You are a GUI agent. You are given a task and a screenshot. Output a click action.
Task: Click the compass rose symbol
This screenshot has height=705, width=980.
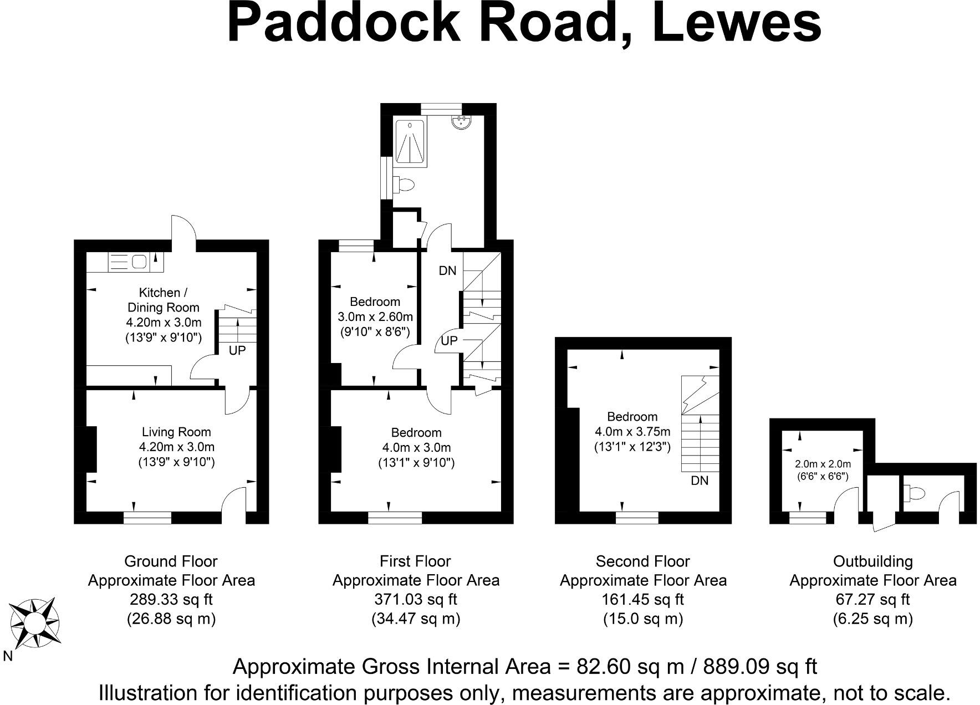pos(34,623)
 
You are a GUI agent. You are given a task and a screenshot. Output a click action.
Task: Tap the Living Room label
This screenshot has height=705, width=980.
pos(176,432)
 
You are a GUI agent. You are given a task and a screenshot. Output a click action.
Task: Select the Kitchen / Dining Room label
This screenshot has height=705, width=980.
pos(162,300)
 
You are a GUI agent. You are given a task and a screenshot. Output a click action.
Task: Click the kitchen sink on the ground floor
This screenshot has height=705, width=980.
pos(138,260)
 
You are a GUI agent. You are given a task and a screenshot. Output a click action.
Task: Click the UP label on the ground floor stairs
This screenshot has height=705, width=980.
pos(237,350)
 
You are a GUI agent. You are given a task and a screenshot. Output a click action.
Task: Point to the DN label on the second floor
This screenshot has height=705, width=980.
pos(700,481)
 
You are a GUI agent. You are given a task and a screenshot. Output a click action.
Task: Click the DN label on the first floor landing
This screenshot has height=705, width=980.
pos(447,270)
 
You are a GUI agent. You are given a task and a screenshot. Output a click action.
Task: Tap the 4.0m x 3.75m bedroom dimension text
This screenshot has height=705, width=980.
pos(632,431)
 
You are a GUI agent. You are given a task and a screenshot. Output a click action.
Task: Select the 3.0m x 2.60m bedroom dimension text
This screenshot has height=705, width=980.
pos(375,316)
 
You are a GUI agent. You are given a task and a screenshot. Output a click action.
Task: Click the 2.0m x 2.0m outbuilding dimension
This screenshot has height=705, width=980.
pos(823,464)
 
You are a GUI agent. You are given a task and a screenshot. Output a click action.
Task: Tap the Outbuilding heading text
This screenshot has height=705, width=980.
pos(872,561)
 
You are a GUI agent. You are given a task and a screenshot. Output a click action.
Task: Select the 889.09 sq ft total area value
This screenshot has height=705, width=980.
pos(760,666)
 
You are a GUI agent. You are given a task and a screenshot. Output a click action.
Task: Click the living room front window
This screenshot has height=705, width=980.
pos(147,517)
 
